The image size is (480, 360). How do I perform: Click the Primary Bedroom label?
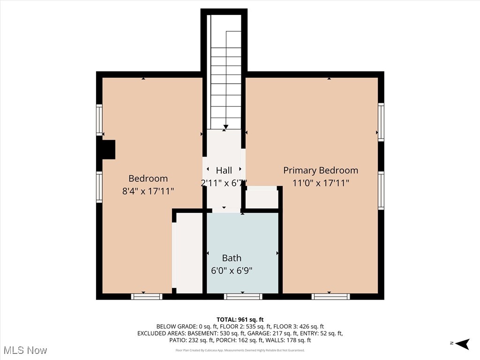click(321, 170)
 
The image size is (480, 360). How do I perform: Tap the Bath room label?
click(232, 258)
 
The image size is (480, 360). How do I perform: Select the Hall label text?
click(224, 170)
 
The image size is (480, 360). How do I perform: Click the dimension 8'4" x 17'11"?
click(148, 191)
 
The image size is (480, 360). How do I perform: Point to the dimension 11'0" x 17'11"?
click(321, 183)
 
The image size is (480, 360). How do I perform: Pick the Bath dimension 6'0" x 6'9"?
click(232, 270)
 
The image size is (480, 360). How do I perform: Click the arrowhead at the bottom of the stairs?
click(226, 126)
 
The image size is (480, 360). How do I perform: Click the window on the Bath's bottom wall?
click(243, 296)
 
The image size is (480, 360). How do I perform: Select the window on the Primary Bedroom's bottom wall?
click(330, 296)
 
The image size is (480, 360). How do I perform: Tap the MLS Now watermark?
click(25, 350)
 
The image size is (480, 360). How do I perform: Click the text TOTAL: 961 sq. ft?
click(240, 319)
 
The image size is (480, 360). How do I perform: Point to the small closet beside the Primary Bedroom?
click(262, 199)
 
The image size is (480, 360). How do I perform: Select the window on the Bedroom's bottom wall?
click(146, 296)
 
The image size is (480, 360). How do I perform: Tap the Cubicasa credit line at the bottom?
click(240, 350)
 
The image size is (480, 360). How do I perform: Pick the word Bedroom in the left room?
click(148, 179)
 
